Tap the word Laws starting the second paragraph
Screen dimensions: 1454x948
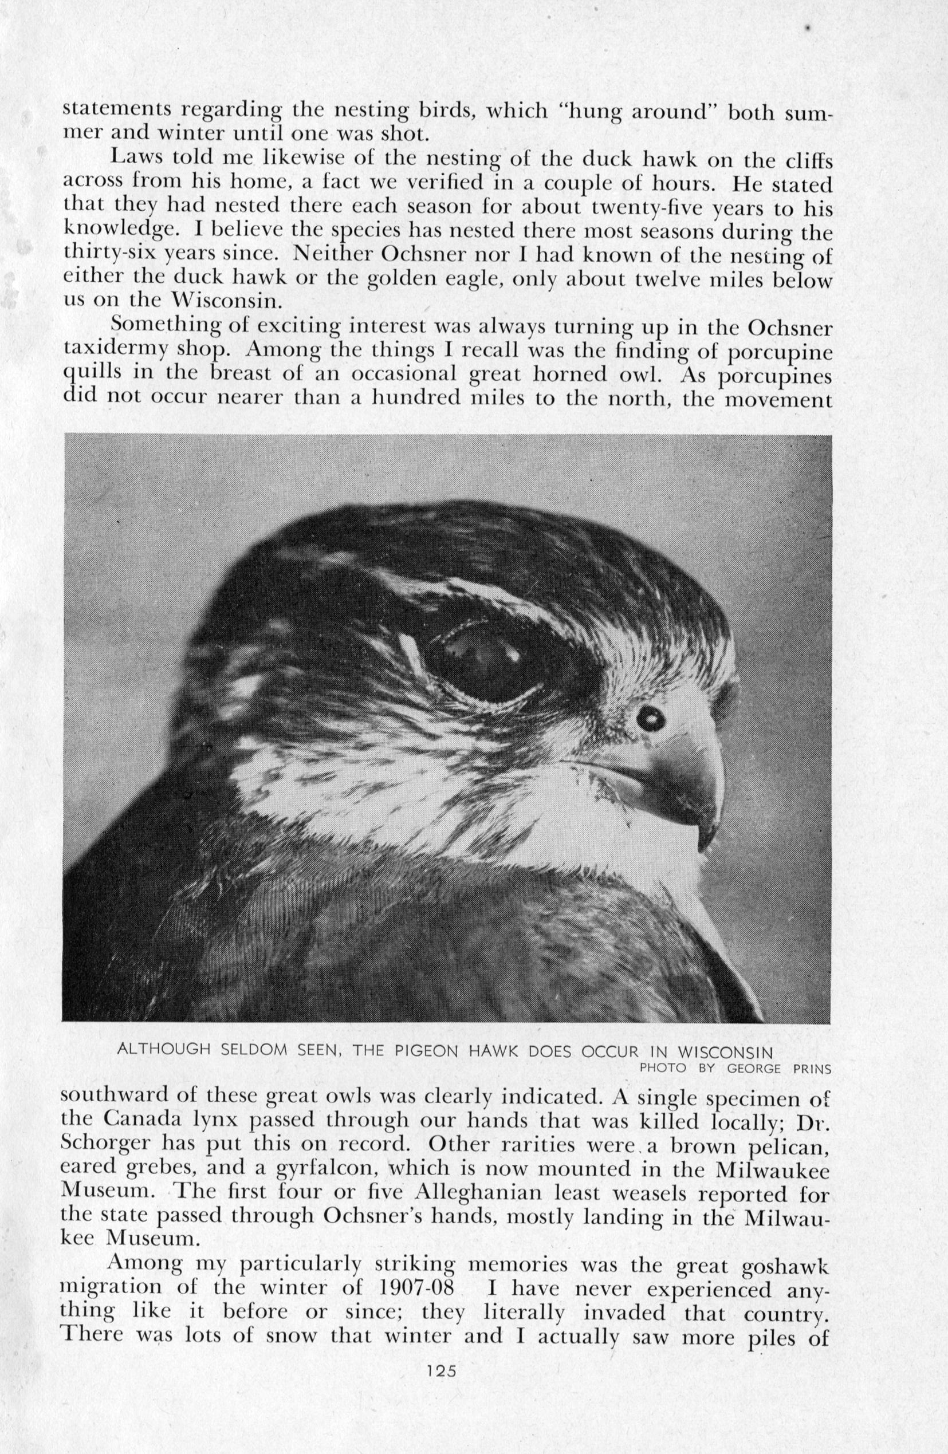[x=137, y=158]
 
